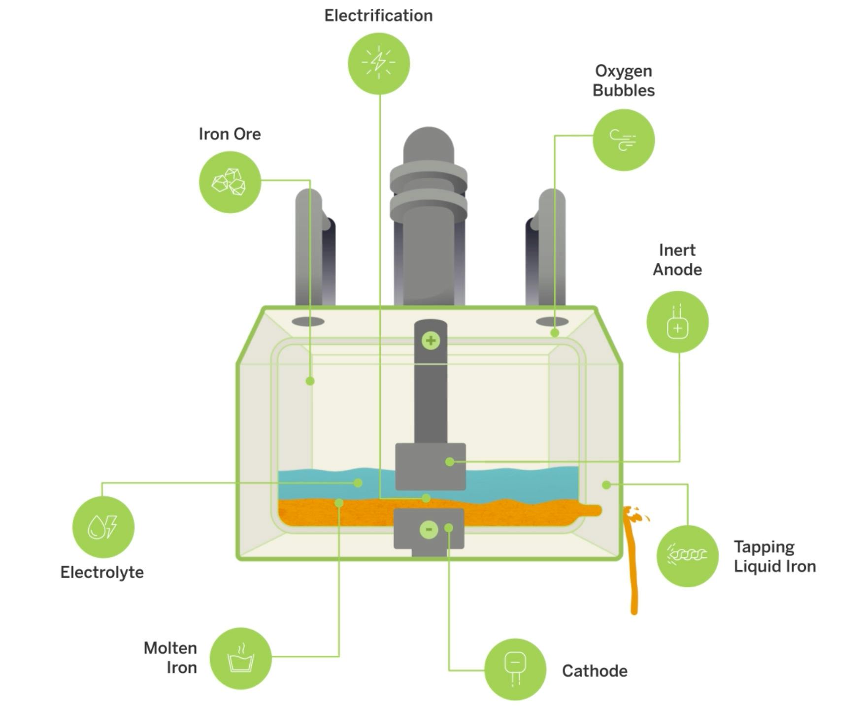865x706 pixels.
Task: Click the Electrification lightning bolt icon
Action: (379, 64)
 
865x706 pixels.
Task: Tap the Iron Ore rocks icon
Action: (230, 182)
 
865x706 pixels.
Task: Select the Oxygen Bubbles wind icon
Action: (624, 140)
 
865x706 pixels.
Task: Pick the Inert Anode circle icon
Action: (677, 322)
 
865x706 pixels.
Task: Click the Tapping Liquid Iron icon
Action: (688, 556)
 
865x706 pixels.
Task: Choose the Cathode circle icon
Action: (515, 669)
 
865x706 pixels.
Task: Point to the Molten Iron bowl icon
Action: (240, 658)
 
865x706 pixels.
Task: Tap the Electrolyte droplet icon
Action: (103, 527)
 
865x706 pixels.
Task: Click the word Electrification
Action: (378, 16)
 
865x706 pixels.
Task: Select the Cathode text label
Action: (595, 671)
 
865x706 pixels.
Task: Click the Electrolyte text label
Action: (102, 573)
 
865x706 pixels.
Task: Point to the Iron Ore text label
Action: (230, 134)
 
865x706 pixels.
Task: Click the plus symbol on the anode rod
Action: (431, 340)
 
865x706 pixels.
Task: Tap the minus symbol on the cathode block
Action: (429, 529)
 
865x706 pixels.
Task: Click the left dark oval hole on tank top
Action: (308, 322)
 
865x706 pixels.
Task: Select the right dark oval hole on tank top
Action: (552, 322)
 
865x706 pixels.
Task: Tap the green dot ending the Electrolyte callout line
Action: (358, 483)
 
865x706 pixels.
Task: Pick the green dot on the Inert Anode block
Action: (449, 461)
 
